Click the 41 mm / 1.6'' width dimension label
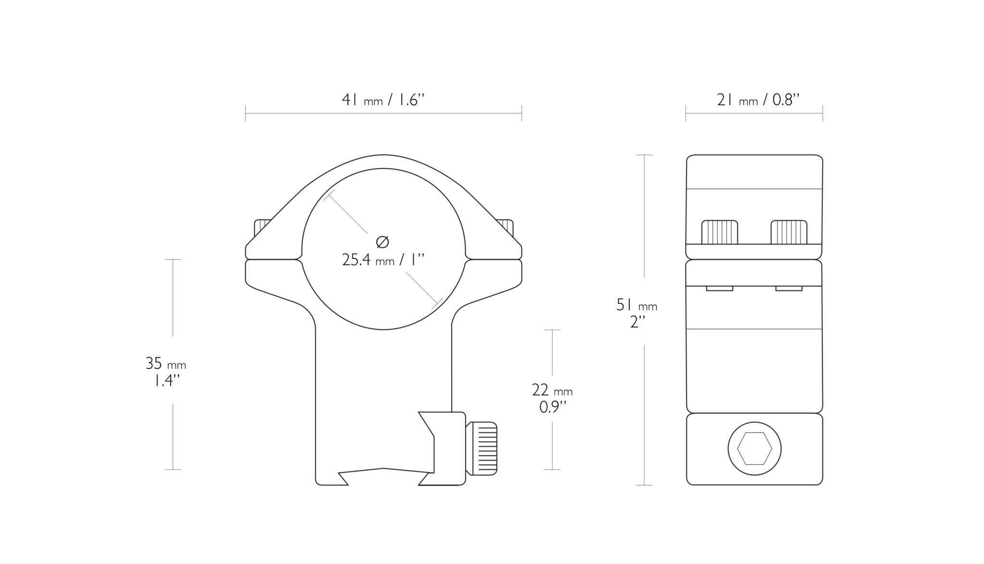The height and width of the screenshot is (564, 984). coord(383,100)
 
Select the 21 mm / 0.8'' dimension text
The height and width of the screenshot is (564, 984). coord(758,100)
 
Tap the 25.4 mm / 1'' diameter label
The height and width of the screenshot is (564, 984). coord(383,260)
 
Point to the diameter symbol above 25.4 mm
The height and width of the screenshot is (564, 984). coord(382,242)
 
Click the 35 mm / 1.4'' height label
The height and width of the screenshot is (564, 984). coord(166,372)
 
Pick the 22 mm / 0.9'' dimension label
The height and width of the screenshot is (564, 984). coord(552,398)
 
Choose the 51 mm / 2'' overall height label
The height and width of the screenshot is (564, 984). coord(637,313)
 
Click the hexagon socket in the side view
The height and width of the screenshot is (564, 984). coord(754,449)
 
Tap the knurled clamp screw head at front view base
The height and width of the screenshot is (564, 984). coord(482,449)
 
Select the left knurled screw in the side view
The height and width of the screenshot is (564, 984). coord(719,232)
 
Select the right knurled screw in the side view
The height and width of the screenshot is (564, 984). coord(788,232)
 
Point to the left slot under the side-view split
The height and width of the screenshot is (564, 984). coord(719,289)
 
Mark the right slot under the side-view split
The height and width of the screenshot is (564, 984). coord(788,289)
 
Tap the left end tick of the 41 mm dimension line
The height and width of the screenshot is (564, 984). coord(246,113)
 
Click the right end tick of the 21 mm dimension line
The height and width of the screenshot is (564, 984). coord(823,113)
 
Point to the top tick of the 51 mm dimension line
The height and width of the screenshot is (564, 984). coord(644,155)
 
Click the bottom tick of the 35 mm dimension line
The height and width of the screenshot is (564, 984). coord(172,469)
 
